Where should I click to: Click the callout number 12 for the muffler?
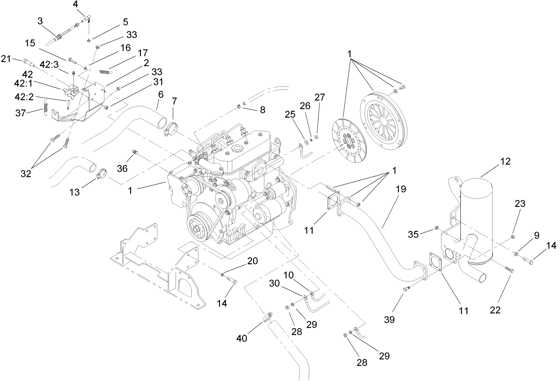[506, 162]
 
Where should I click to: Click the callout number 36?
[122, 168]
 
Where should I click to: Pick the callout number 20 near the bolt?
[252, 261]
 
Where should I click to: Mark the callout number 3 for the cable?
[40, 21]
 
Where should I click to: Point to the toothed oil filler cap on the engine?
[237, 149]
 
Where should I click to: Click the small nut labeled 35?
[435, 228]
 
